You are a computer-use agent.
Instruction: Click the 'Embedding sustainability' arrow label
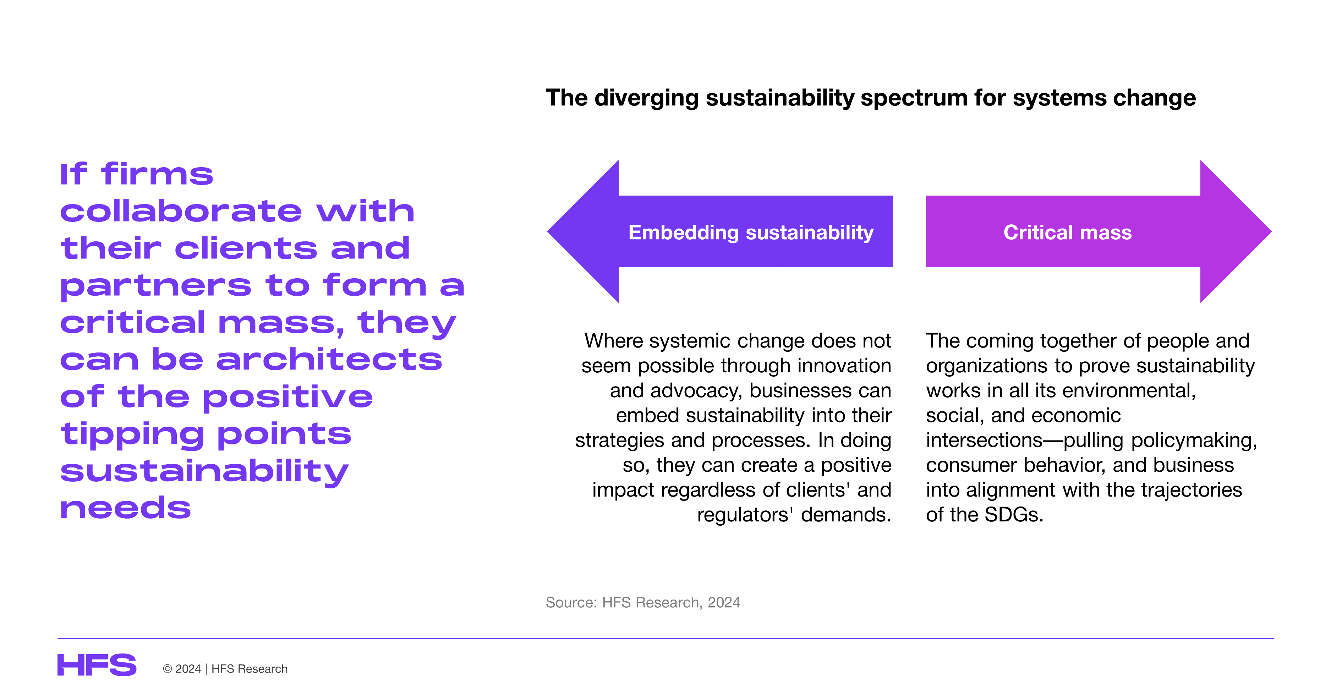tap(751, 232)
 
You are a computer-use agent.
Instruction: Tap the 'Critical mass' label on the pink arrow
tap(1068, 232)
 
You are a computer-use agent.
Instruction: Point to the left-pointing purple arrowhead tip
tap(548, 231)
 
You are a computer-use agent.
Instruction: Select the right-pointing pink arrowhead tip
tap(1271, 231)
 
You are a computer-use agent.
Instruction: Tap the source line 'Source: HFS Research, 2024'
tap(643, 602)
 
